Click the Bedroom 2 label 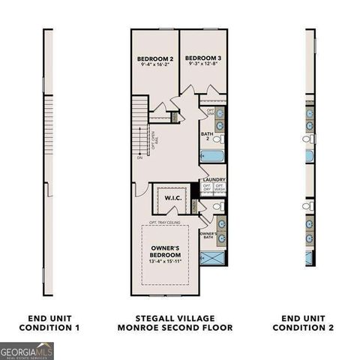pyautogui.click(x=154, y=58)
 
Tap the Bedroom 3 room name pyautogui.click(x=203, y=58)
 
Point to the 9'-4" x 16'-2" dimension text pyautogui.click(x=154, y=65)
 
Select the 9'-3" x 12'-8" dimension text pyautogui.click(x=203, y=65)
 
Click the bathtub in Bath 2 pyautogui.click(x=212, y=156)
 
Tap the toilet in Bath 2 pyautogui.click(x=217, y=139)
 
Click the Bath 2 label pyautogui.click(x=205, y=136)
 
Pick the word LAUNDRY pyautogui.click(x=214, y=179)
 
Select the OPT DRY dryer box pyautogui.click(x=207, y=187)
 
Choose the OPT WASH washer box pyautogui.click(x=220, y=187)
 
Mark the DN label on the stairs pyautogui.click(x=139, y=158)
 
